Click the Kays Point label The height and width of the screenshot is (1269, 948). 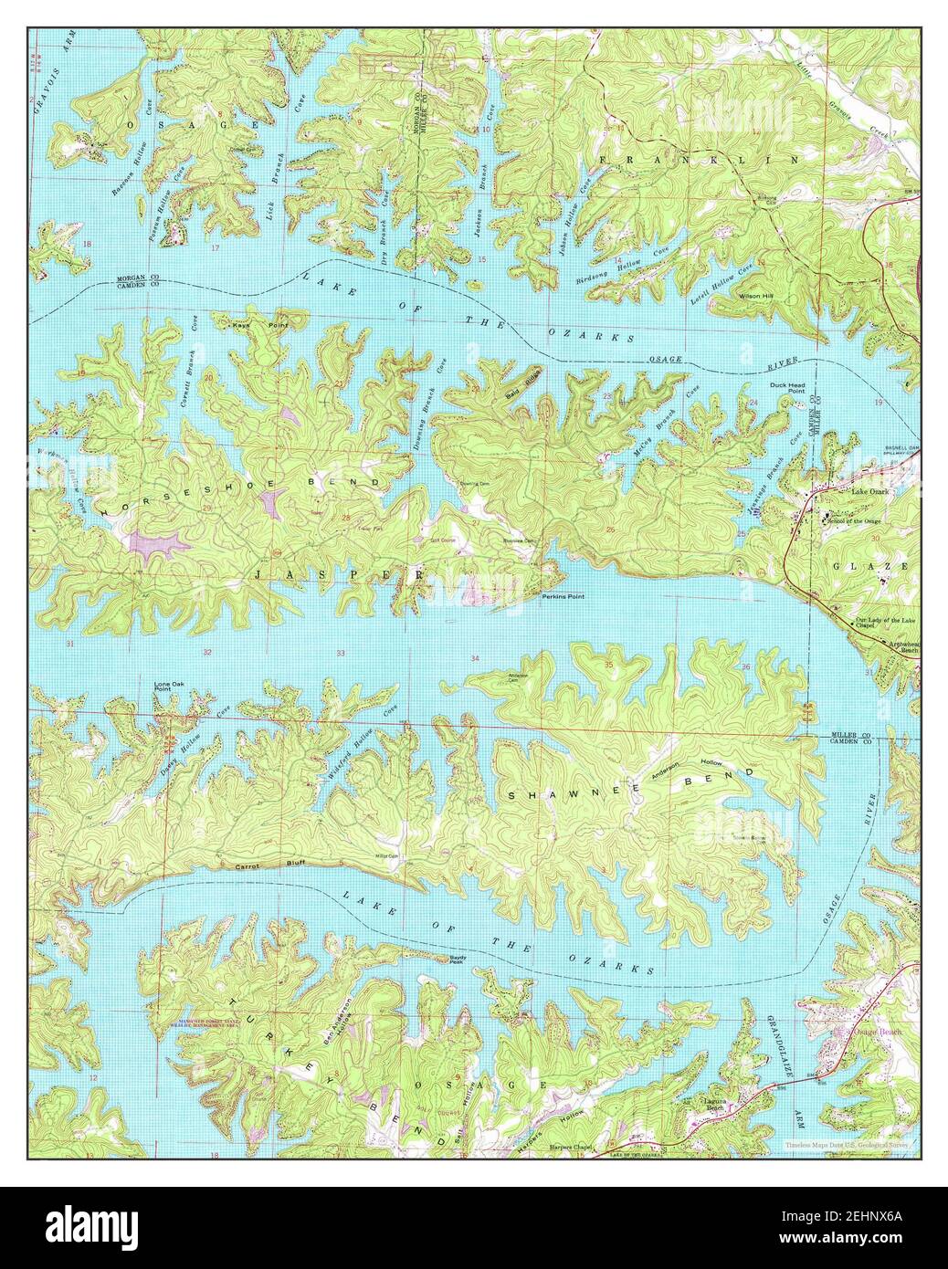247,325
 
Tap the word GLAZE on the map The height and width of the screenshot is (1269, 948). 871,566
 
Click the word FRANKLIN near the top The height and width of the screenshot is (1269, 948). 699,159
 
